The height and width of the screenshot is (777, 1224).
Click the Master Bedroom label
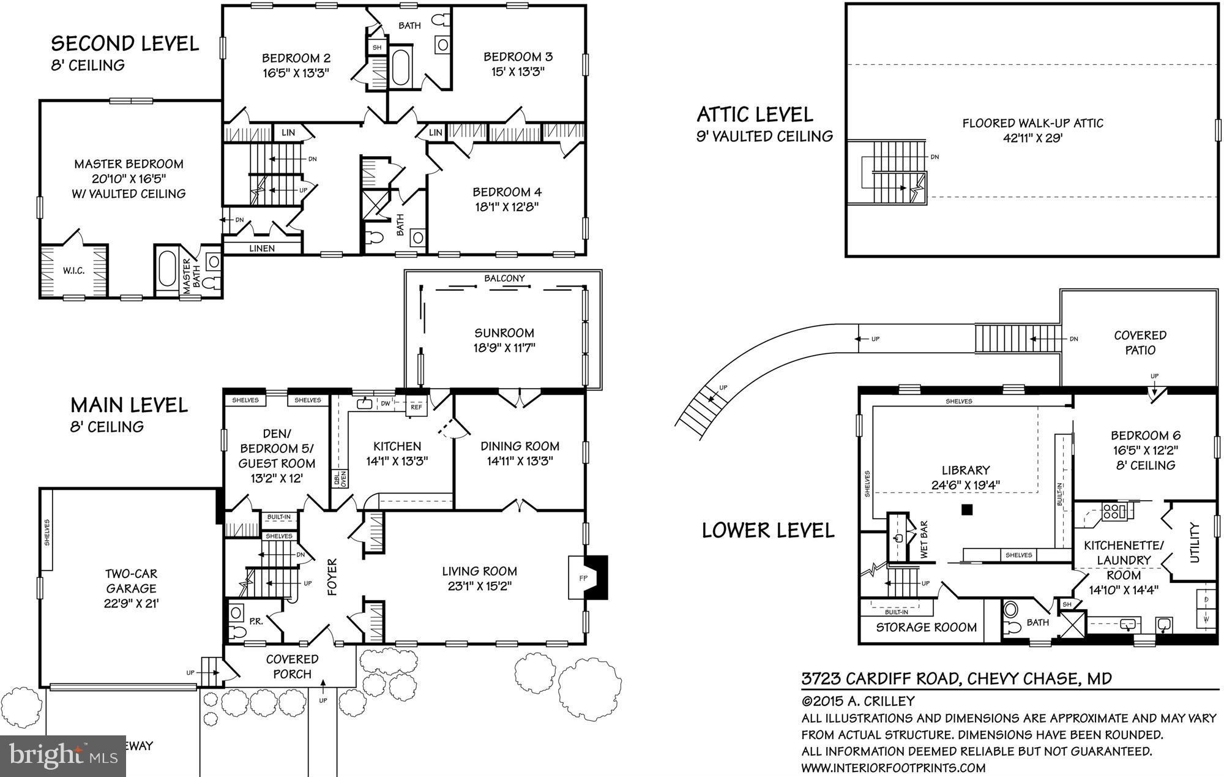click(x=129, y=164)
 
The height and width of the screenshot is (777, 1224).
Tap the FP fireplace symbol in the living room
click(x=583, y=578)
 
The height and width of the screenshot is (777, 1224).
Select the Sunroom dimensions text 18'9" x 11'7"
click(x=504, y=348)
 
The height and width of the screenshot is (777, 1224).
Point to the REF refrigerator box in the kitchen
click(x=416, y=407)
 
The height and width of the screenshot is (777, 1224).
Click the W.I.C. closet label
click(x=73, y=270)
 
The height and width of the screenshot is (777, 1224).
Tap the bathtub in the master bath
click(x=166, y=272)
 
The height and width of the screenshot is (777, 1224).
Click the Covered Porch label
click(x=292, y=666)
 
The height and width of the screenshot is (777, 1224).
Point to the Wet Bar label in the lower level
click(x=924, y=539)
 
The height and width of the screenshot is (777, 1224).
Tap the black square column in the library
click(x=967, y=509)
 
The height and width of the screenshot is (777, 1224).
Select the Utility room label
click(x=1194, y=542)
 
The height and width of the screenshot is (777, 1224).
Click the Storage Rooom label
click(x=926, y=627)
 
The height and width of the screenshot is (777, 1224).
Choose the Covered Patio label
click(x=1140, y=342)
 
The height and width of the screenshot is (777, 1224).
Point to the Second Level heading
click(x=125, y=43)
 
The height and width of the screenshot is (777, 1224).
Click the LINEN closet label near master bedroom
click(x=262, y=248)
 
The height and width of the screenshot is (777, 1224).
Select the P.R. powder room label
click(x=256, y=621)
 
